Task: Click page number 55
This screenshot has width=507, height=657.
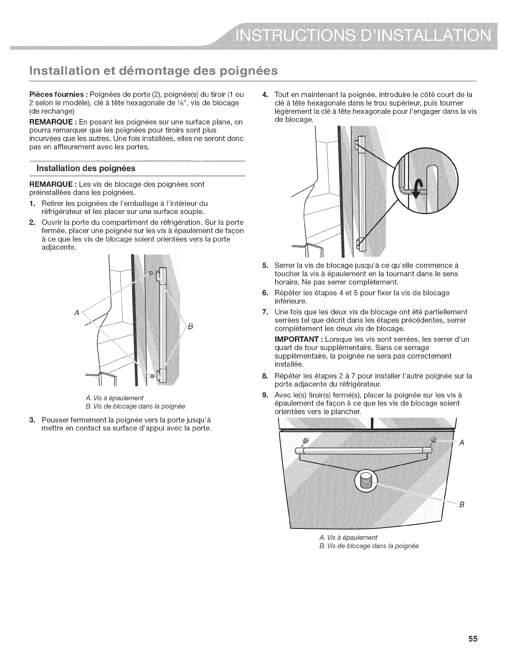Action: (x=473, y=639)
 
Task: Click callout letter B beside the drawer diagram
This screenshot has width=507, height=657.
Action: (x=461, y=505)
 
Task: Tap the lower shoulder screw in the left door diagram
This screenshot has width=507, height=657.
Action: (x=152, y=375)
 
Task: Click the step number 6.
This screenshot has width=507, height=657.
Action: (x=265, y=292)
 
